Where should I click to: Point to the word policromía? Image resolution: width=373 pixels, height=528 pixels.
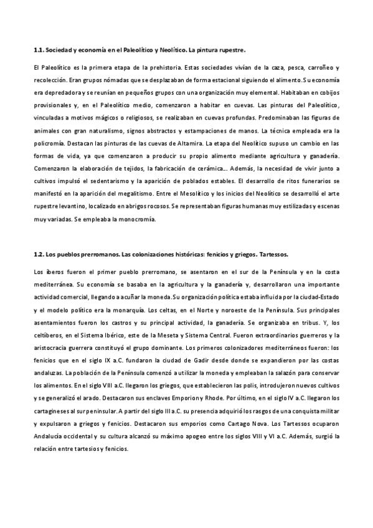(48, 144)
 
